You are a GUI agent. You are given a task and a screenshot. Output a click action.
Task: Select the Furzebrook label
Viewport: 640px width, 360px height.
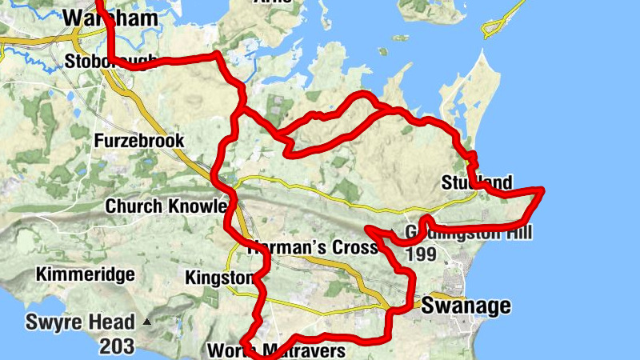pyautogui.click(x=139, y=141)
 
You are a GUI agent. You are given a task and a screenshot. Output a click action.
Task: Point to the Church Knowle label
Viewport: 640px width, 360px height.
pyautogui.click(x=166, y=206)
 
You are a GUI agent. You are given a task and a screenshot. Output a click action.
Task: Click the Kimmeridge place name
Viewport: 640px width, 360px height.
pyautogui.click(x=85, y=274)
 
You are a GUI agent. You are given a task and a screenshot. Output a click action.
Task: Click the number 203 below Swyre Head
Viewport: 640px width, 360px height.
pyautogui.click(x=117, y=346)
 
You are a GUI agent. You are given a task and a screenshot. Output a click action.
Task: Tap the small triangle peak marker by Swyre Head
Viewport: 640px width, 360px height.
pyautogui.click(x=146, y=322)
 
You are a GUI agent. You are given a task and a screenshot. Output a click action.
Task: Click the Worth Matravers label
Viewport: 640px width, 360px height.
pyautogui.click(x=275, y=350)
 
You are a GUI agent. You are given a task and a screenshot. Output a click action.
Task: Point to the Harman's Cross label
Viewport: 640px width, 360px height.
pyautogui.click(x=312, y=247)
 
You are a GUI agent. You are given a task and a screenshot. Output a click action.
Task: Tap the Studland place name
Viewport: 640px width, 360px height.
pyautogui.click(x=476, y=183)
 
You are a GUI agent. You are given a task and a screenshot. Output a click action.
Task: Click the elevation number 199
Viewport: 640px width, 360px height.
pyautogui.click(x=422, y=254)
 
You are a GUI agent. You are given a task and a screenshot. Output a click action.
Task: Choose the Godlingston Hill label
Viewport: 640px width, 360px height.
pyautogui.click(x=468, y=233)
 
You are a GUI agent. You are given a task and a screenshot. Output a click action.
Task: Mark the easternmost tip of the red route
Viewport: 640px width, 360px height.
pyautogui.click(x=542, y=190)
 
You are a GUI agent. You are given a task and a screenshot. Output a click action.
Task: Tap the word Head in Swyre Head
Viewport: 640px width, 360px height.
pyautogui.click(x=114, y=323)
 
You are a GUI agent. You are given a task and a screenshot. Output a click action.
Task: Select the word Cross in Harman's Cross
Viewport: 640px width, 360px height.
pyautogui.click(x=352, y=247)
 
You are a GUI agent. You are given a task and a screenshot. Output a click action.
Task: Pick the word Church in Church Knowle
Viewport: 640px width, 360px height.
pyautogui.click(x=134, y=206)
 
